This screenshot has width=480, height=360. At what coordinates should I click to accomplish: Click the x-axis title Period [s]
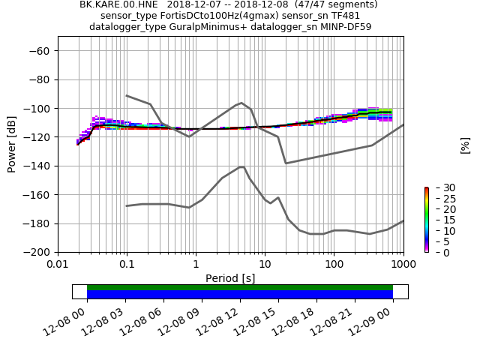[x=230, y=278]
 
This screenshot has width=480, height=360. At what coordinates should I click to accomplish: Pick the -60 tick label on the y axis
[x=41, y=51]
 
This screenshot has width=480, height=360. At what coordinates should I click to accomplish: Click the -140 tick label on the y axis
[x=38, y=166]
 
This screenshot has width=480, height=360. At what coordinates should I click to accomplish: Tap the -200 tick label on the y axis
[x=38, y=253]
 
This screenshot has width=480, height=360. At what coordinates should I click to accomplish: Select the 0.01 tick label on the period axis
[x=58, y=265]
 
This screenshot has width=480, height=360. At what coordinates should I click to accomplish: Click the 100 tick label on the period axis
[x=334, y=265]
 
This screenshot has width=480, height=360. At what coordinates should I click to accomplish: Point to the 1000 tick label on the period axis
[x=403, y=265]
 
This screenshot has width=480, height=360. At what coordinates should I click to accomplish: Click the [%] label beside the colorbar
[x=466, y=145]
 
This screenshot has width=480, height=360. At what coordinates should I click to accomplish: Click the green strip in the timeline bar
[x=239, y=287]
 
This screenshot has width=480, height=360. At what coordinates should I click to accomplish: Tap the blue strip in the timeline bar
[x=239, y=295]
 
